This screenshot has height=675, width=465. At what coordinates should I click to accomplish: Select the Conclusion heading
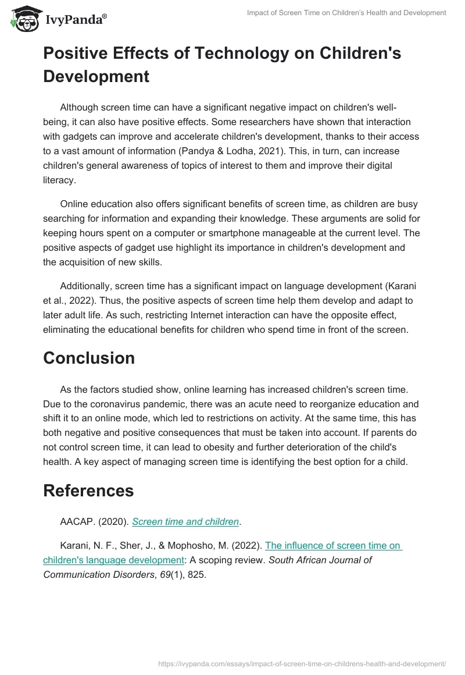click(x=89, y=358)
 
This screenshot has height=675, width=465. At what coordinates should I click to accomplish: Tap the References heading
click(x=88, y=490)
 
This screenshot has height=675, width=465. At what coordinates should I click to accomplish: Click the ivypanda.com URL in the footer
click(x=302, y=663)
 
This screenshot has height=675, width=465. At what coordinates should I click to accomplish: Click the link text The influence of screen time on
click(x=333, y=545)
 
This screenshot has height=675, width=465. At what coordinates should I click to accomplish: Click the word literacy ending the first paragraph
click(x=59, y=180)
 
